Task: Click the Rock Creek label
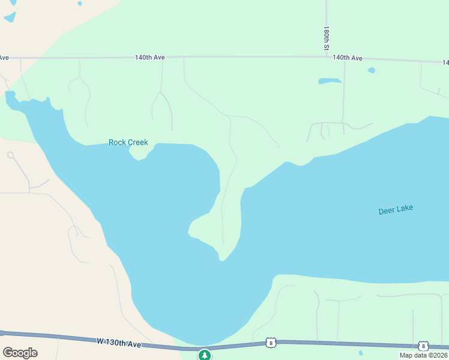[x=128, y=142]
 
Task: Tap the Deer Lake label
[x=396, y=210]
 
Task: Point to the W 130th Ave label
[x=119, y=343]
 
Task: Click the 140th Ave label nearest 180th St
[x=348, y=58]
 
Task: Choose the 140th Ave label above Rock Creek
[x=149, y=58]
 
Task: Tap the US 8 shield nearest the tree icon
[x=271, y=343]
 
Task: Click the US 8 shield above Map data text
[x=423, y=346]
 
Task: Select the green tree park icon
[x=205, y=355]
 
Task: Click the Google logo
[x=20, y=353]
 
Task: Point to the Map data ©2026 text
[x=423, y=355]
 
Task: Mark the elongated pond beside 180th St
[x=330, y=80]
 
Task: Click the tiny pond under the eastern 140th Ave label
[x=372, y=70]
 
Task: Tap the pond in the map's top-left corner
[x=10, y=17]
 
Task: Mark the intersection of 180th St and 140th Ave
[x=327, y=57]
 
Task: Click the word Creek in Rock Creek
[x=137, y=142]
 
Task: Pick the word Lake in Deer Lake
[x=405, y=209]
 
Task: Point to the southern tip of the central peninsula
[x=222, y=259]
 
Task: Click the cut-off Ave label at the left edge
[x=4, y=58]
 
